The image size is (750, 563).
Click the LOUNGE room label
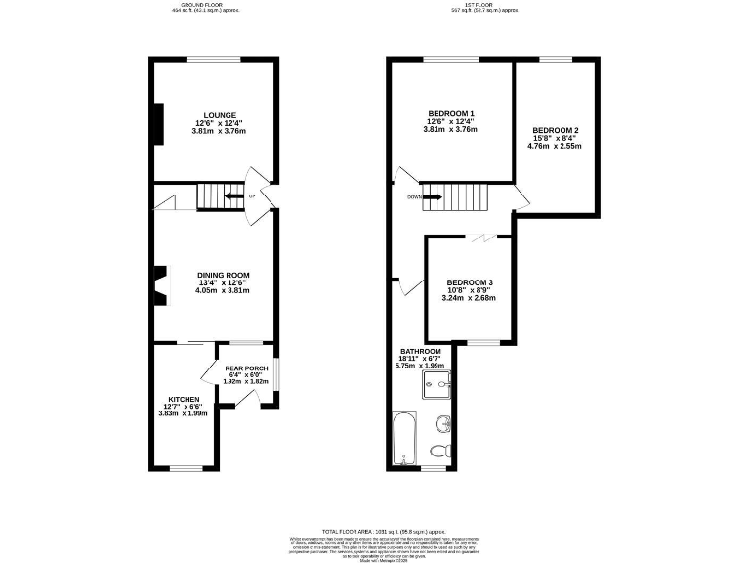click(x=214, y=115)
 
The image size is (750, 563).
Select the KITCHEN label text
click(x=184, y=399)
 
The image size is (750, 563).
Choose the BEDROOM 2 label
click(x=555, y=131)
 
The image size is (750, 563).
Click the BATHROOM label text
click(x=420, y=351)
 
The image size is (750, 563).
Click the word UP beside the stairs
click(x=252, y=197)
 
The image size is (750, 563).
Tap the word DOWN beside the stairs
click(x=414, y=196)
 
